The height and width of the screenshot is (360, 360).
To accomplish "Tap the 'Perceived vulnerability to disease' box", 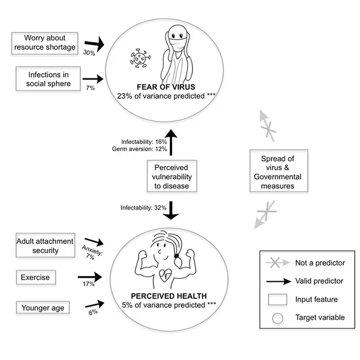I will click(x=172, y=176).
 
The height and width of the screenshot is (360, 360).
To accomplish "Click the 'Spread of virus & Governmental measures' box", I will click(x=278, y=172).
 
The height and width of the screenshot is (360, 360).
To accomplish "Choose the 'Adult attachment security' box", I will click(x=45, y=246).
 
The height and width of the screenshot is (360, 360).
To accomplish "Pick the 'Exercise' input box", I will click(x=35, y=278).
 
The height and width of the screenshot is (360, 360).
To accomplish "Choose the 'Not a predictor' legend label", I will click(x=320, y=263).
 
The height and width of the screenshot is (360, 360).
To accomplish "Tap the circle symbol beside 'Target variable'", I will click(x=278, y=317).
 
